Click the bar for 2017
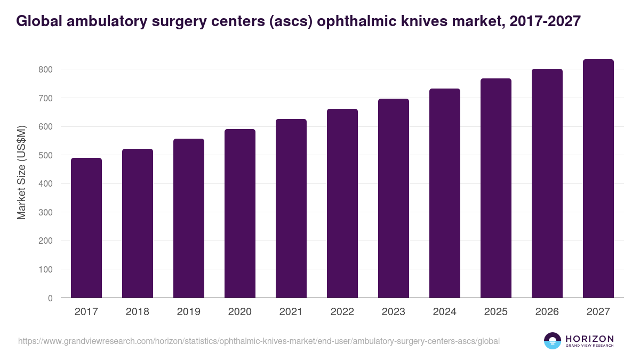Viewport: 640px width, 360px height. pyautogui.click(x=86, y=228)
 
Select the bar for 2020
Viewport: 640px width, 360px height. pyautogui.click(x=240, y=213)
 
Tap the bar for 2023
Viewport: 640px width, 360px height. pyautogui.click(x=394, y=198)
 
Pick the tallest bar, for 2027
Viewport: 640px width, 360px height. pyautogui.click(x=598, y=179)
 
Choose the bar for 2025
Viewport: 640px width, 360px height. pyautogui.click(x=496, y=188)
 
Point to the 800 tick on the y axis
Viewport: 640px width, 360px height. pyautogui.click(x=45, y=69)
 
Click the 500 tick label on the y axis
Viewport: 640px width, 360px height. pyautogui.click(x=45, y=155)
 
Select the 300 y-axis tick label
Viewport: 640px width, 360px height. pyautogui.click(x=45, y=212)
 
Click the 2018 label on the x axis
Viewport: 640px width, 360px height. pyautogui.click(x=138, y=312)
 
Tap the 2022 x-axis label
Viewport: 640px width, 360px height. pyautogui.click(x=342, y=312)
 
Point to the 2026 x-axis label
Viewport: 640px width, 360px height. pyautogui.click(x=547, y=312)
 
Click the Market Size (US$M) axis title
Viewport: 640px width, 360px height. pyautogui.click(x=21, y=172)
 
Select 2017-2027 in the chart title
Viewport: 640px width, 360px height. pyautogui.click(x=545, y=21)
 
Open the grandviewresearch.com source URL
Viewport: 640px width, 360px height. pyautogui.click(x=259, y=341)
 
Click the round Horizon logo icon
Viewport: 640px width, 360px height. pyautogui.click(x=553, y=341)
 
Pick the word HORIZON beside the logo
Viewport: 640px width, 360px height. pyautogui.click(x=589, y=339)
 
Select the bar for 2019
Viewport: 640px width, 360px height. pyautogui.click(x=189, y=218)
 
